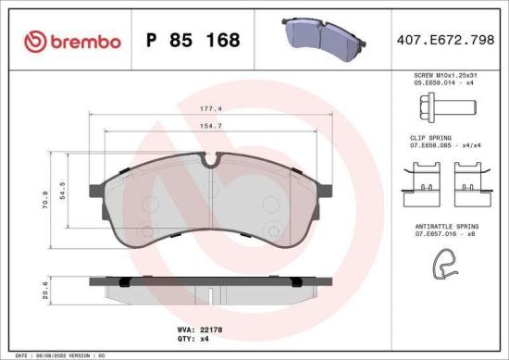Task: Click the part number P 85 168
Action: tap(193, 41)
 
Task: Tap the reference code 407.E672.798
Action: tap(445, 41)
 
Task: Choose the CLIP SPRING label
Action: tap(431, 138)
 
